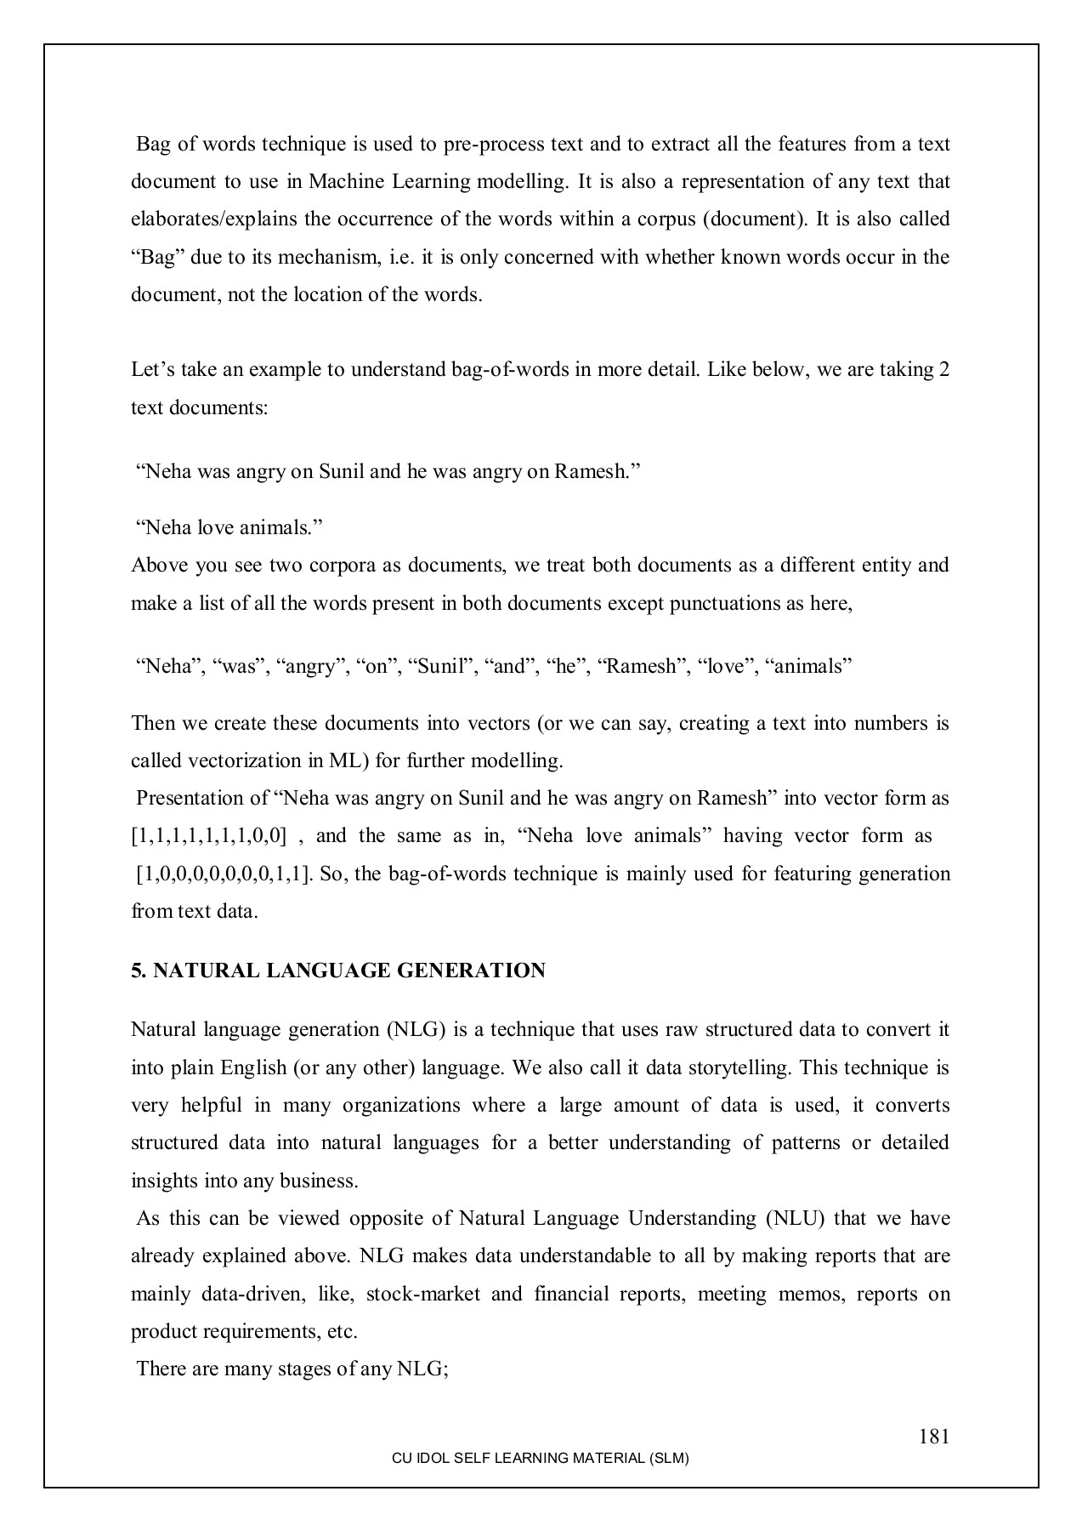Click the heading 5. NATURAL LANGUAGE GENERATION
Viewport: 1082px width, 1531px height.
point(338,971)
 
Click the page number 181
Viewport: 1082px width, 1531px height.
point(933,1437)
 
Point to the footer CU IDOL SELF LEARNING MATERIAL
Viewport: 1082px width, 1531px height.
point(540,1459)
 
